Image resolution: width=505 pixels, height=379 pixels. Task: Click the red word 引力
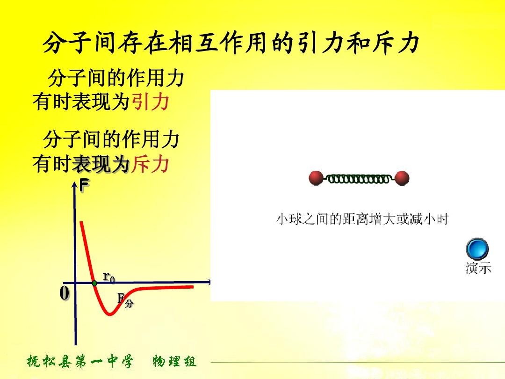click(151, 102)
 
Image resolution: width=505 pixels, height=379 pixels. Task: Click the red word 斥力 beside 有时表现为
click(151, 164)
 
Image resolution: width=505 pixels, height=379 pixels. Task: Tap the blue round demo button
click(477, 249)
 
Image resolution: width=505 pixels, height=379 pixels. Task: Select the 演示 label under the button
click(478, 268)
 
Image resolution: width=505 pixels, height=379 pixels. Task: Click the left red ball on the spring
click(316, 178)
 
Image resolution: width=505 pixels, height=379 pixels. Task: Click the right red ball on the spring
click(402, 178)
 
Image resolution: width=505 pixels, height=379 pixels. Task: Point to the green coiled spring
click(359, 179)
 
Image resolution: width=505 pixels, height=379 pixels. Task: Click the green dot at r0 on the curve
click(94, 283)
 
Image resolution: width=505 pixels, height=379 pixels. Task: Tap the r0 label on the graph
click(108, 277)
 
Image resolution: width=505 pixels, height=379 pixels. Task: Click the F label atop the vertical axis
click(84, 186)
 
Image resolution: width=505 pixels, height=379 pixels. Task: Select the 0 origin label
click(65, 293)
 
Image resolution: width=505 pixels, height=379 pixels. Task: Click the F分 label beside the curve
click(125, 300)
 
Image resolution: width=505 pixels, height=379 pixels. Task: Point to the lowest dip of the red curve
click(110, 314)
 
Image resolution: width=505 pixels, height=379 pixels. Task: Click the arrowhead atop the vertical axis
click(74, 184)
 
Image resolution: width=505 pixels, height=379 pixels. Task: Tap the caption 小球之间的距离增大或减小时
click(362, 219)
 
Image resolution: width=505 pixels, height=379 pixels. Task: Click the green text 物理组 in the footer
click(174, 361)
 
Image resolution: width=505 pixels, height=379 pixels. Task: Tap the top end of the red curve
click(81, 222)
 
